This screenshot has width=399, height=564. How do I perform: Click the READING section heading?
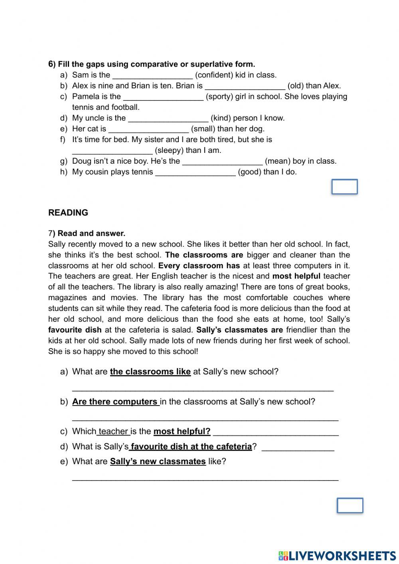[x=68, y=213]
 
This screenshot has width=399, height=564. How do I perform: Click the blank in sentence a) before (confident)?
[x=152, y=75]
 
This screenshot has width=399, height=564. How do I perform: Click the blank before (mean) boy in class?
[x=222, y=162]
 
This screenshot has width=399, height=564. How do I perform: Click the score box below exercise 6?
[x=344, y=187]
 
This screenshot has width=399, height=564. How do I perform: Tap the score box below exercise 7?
[x=350, y=505]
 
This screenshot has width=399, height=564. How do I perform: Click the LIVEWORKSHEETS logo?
[x=337, y=555]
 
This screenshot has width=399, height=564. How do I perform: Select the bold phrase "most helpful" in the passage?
[x=296, y=276]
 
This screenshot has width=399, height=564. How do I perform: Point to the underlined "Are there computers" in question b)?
[x=115, y=402]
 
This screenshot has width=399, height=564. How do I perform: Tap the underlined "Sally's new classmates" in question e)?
[x=158, y=462]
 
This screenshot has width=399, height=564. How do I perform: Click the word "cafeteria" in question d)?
[x=233, y=447]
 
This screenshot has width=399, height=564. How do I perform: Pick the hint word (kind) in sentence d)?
[x=220, y=118]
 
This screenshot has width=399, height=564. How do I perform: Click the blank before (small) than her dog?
[x=148, y=129]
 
